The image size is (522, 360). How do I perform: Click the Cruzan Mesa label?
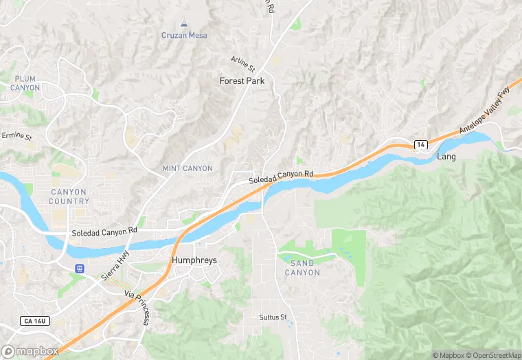tap(184, 35)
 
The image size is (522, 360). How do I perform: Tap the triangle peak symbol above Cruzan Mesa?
tap(184, 24)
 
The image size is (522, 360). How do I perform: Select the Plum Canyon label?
tap(25, 83)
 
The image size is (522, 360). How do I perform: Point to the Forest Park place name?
tap(242, 80)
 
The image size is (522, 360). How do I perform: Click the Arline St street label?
tap(243, 65)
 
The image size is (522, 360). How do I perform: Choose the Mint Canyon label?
tap(188, 168)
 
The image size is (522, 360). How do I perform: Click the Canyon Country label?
tap(69, 196)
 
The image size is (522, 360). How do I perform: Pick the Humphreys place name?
tap(194, 260)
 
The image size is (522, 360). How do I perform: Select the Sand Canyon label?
tap(302, 268)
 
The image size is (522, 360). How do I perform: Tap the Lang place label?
tap(446, 157)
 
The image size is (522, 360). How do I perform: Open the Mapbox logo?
tap(30, 351)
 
